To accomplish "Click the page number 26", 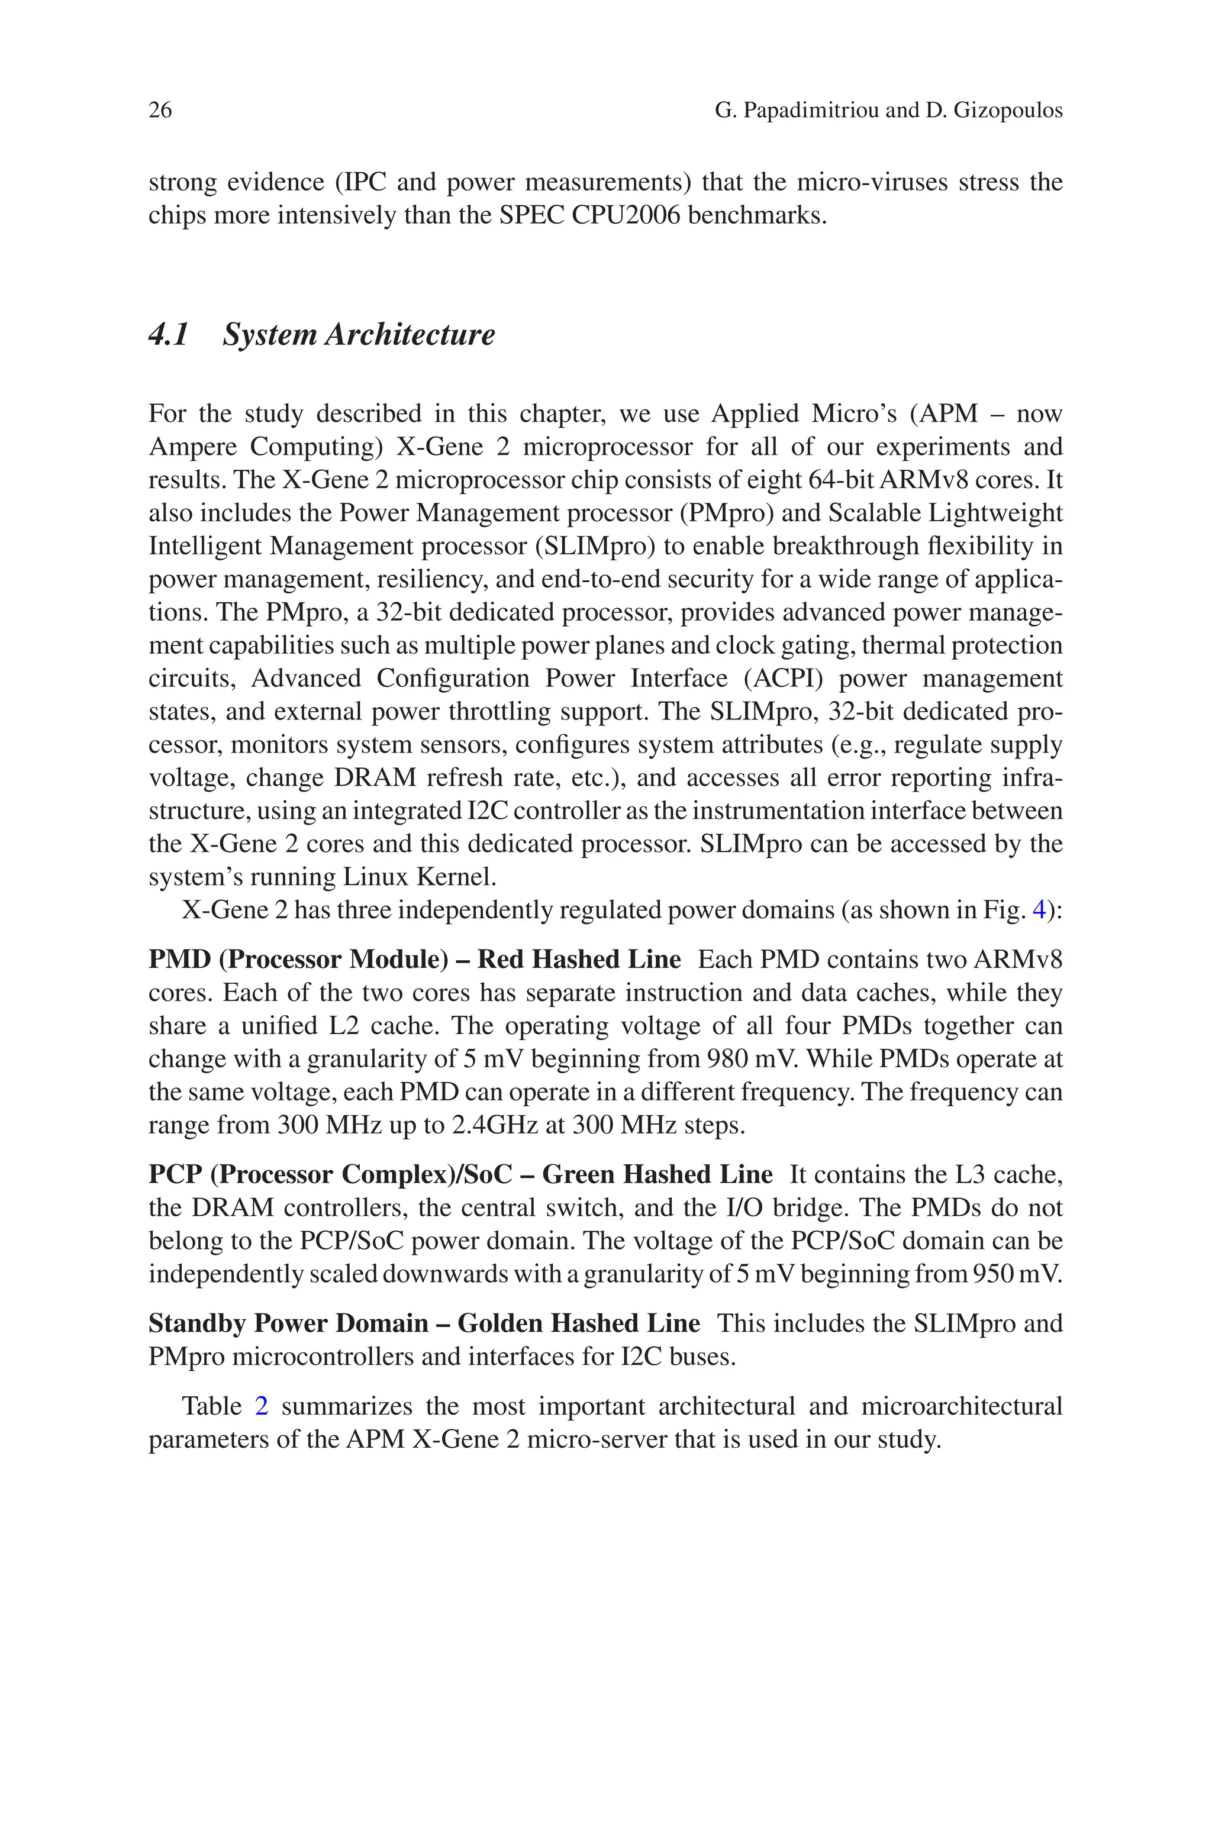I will click(x=160, y=111).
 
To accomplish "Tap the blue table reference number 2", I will click(x=261, y=1406).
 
